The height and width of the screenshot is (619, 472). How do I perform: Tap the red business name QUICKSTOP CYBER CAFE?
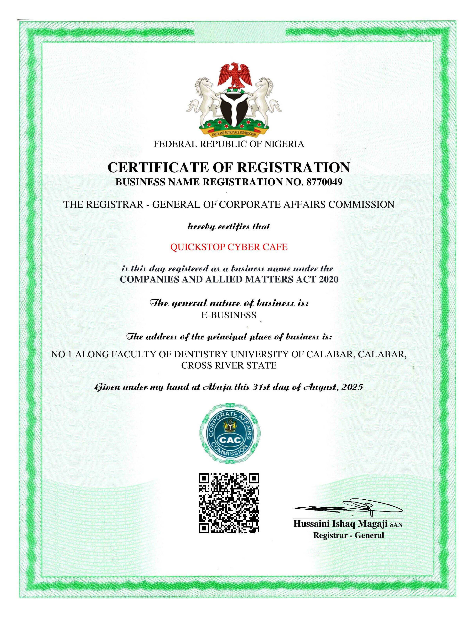(x=229, y=247)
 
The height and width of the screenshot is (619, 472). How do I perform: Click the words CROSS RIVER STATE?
(x=229, y=366)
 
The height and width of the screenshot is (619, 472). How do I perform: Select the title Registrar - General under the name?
(x=348, y=535)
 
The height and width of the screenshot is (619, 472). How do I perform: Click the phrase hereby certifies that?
(x=229, y=226)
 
